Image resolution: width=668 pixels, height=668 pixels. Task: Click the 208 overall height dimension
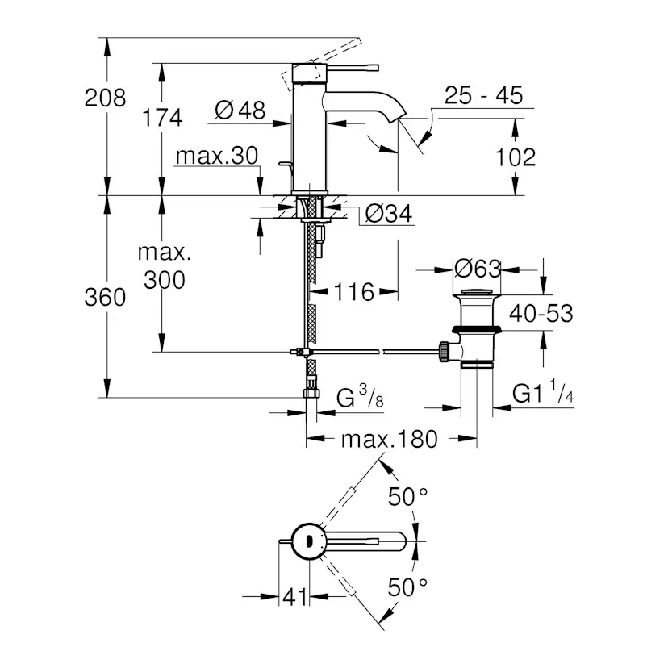(106, 98)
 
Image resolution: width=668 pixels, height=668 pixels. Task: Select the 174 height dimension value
(163, 118)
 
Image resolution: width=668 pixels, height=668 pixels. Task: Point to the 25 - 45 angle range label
(483, 95)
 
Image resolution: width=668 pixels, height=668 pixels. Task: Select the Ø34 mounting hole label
(389, 214)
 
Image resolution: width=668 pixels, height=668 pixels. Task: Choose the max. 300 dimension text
(164, 266)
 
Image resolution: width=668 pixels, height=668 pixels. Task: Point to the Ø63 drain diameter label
(477, 268)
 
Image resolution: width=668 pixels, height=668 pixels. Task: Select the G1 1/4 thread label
(544, 395)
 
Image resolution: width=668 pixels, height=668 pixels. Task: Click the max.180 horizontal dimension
(388, 440)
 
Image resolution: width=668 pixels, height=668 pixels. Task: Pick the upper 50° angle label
(407, 497)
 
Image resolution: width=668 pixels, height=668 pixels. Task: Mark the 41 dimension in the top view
(295, 597)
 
